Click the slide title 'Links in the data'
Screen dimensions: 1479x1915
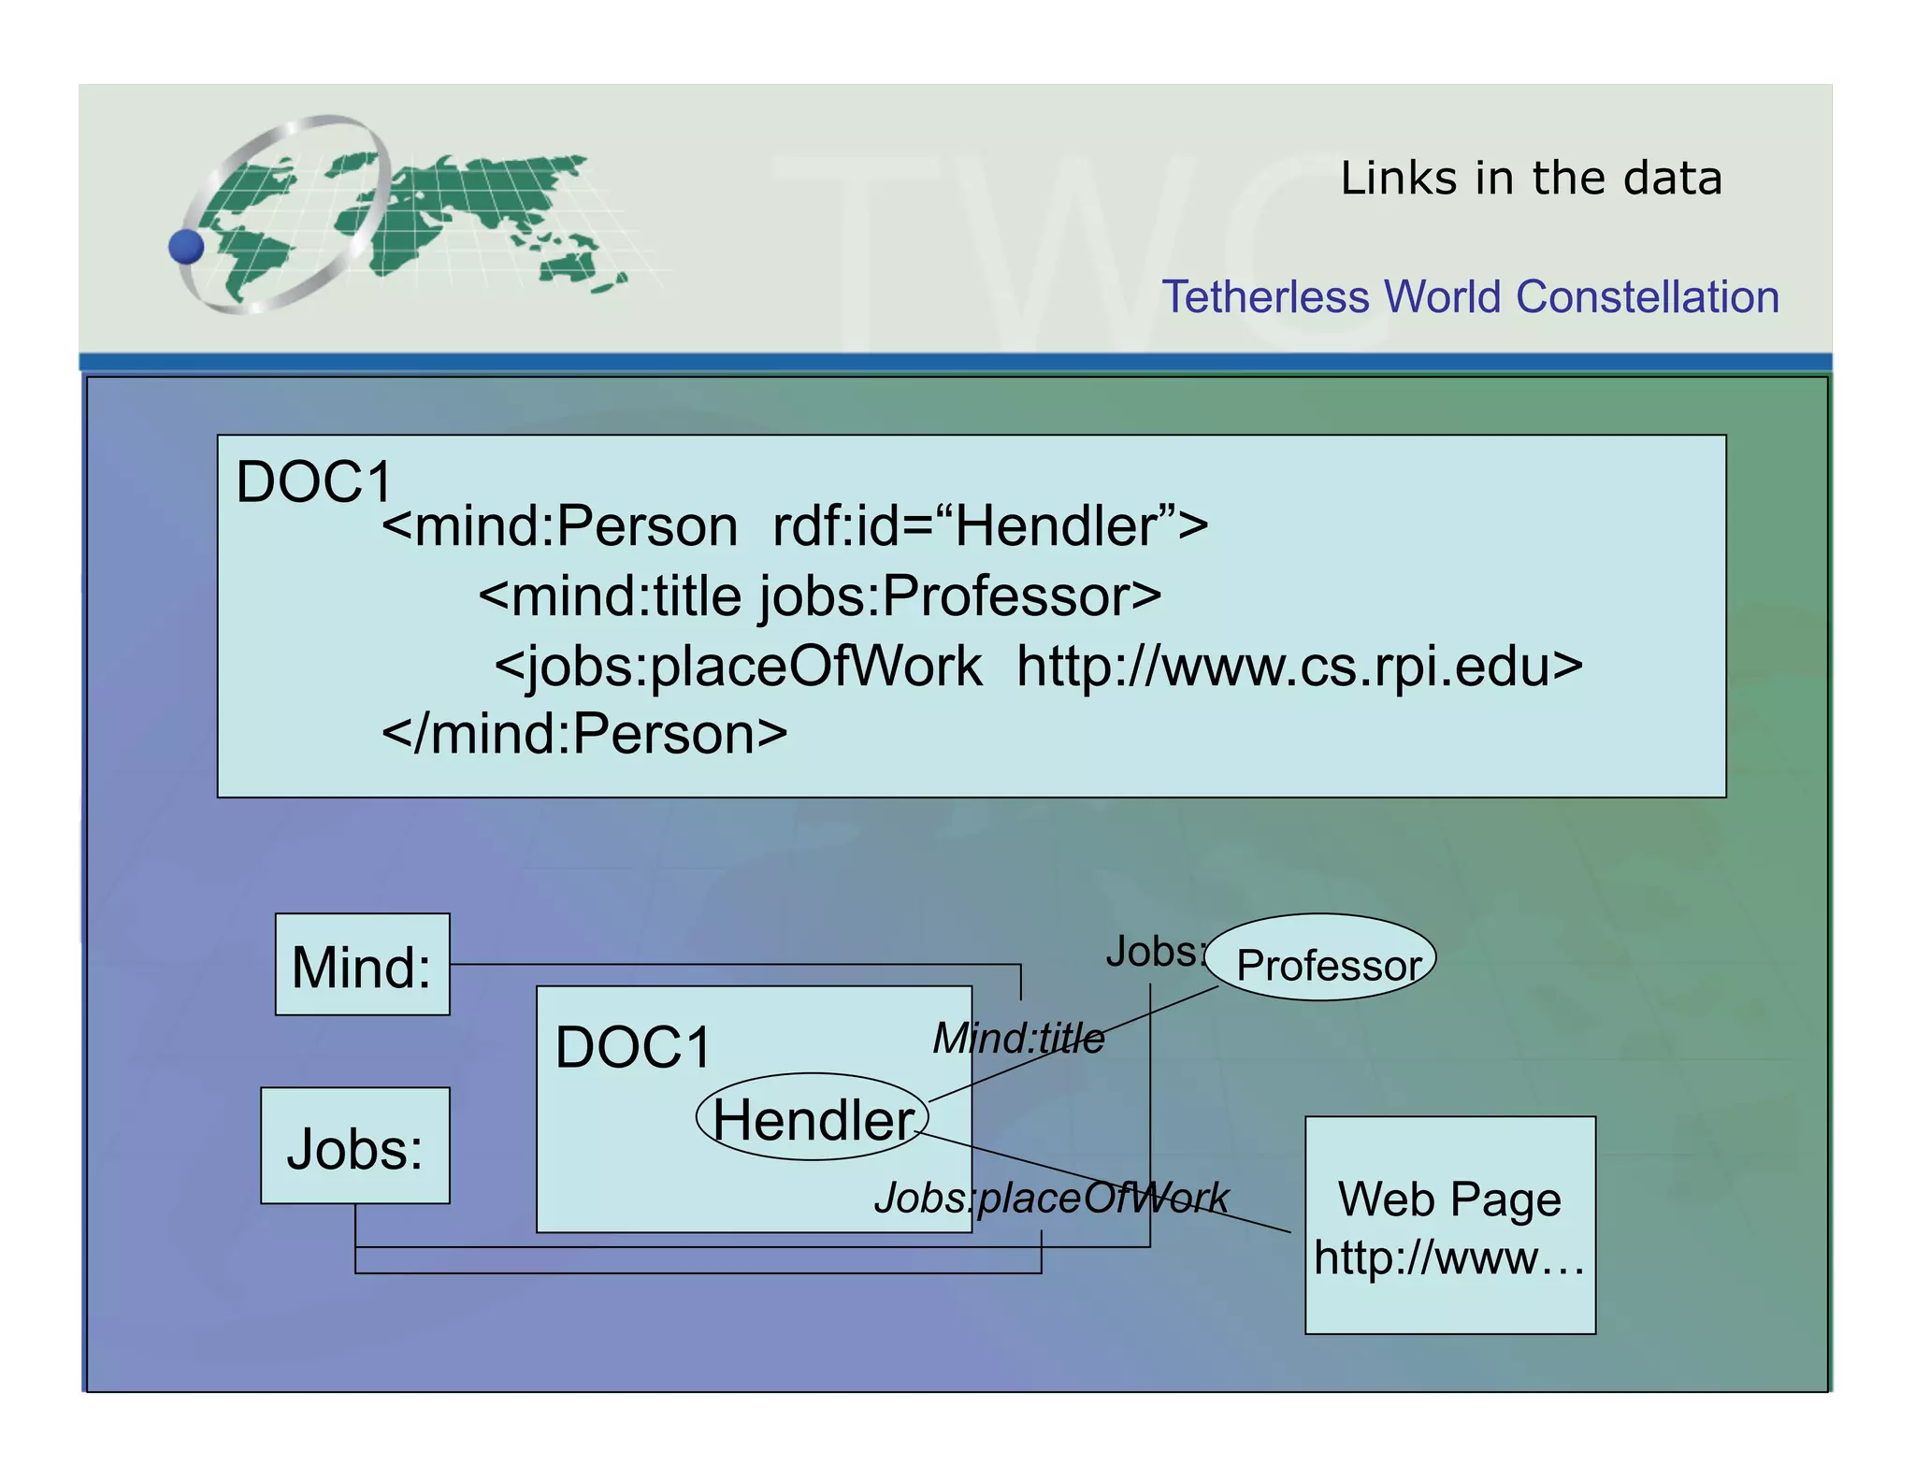coord(1531,178)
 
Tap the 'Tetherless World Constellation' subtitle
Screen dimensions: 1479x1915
coord(1470,297)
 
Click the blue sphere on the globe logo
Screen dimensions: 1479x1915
coord(186,247)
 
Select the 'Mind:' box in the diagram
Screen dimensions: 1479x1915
coord(362,965)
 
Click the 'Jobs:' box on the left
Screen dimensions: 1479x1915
coord(355,1146)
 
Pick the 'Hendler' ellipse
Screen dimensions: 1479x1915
coord(812,1118)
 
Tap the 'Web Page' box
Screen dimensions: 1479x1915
coord(1449,1199)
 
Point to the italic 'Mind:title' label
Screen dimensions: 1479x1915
coord(1018,1038)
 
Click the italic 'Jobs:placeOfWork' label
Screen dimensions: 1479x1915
coord(1051,1198)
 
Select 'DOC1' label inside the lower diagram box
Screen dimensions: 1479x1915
coord(633,1047)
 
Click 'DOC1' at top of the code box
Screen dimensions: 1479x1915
coord(314,482)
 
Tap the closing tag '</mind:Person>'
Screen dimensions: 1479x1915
coord(584,734)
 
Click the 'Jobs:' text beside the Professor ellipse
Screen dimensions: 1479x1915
coord(1154,952)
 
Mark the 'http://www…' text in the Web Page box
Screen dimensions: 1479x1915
coord(1449,1257)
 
